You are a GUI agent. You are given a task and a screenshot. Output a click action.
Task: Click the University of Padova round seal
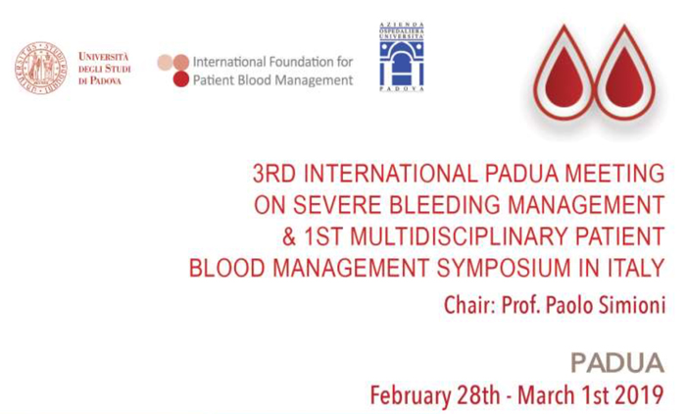click(x=41, y=68)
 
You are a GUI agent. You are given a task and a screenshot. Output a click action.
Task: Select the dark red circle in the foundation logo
click(x=180, y=78)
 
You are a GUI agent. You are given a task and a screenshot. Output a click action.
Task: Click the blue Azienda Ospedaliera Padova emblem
click(x=401, y=57)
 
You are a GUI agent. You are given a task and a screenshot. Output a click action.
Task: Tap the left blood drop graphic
click(x=563, y=73)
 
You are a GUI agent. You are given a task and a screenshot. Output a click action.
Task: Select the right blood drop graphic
click(x=624, y=73)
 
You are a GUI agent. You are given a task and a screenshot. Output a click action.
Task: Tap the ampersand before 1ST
click(x=289, y=236)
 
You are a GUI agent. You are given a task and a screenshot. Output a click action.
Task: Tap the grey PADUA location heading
click(x=617, y=363)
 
